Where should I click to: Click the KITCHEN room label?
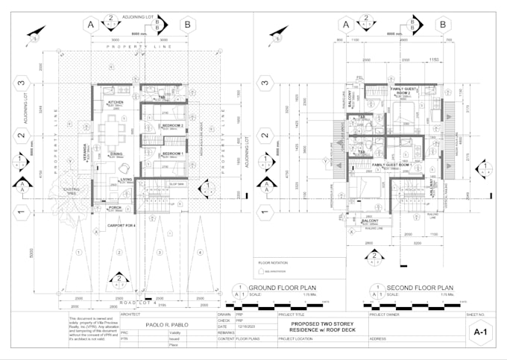pos(116,102)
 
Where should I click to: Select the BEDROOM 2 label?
pos(173,126)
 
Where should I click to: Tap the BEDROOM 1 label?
pos(173,154)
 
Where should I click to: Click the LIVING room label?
pos(127,179)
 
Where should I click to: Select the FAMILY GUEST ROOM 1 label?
pos(388,164)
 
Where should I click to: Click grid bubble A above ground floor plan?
pos(92,25)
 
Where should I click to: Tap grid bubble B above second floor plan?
pos(444,25)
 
